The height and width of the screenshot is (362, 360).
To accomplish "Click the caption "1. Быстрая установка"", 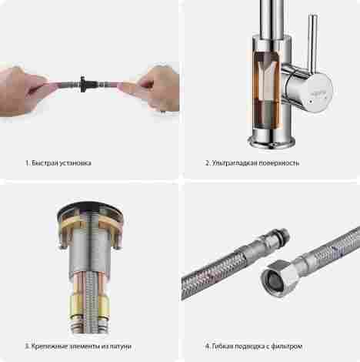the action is click(x=58, y=163).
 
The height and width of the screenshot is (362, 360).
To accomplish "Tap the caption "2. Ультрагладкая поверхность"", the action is click(x=252, y=163).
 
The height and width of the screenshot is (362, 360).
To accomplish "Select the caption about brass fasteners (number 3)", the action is click(x=78, y=347).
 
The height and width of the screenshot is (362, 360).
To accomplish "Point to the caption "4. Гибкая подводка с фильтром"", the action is click(x=254, y=347).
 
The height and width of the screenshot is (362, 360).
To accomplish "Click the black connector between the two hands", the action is click(x=83, y=84).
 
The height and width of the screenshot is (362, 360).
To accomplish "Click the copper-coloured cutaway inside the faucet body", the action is click(x=267, y=90).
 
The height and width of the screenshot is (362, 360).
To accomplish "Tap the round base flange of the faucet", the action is click(x=272, y=142).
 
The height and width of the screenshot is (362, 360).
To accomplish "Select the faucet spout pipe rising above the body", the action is click(x=272, y=19).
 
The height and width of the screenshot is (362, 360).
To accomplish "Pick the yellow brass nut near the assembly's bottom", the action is click(x=89, y=307).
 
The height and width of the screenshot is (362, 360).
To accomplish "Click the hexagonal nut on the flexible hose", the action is click(x=281, y=279).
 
